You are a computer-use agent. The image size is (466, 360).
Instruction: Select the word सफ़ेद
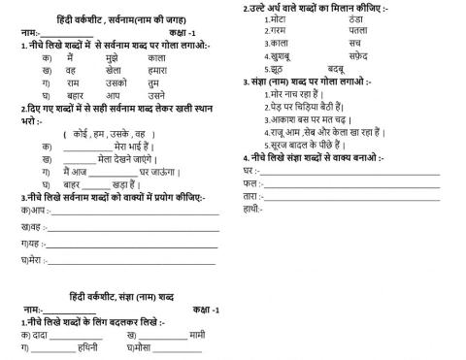[x=358, y=56]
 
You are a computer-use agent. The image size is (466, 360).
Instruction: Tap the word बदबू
[x=337, y=70]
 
